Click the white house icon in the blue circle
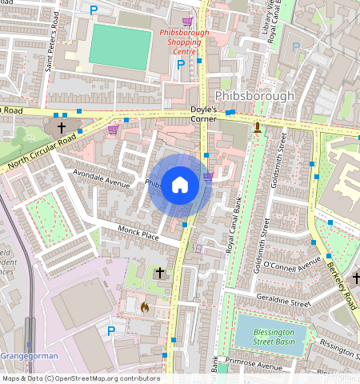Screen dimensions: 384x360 [180, 186]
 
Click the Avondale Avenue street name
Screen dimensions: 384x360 [101, 178]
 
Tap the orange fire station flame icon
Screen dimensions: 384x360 [145, 306]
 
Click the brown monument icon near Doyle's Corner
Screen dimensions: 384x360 [257, 127]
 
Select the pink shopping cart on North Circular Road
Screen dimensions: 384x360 [113, 129]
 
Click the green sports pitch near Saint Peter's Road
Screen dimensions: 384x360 [120, 46]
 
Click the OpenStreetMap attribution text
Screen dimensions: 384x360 [80, 378]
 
